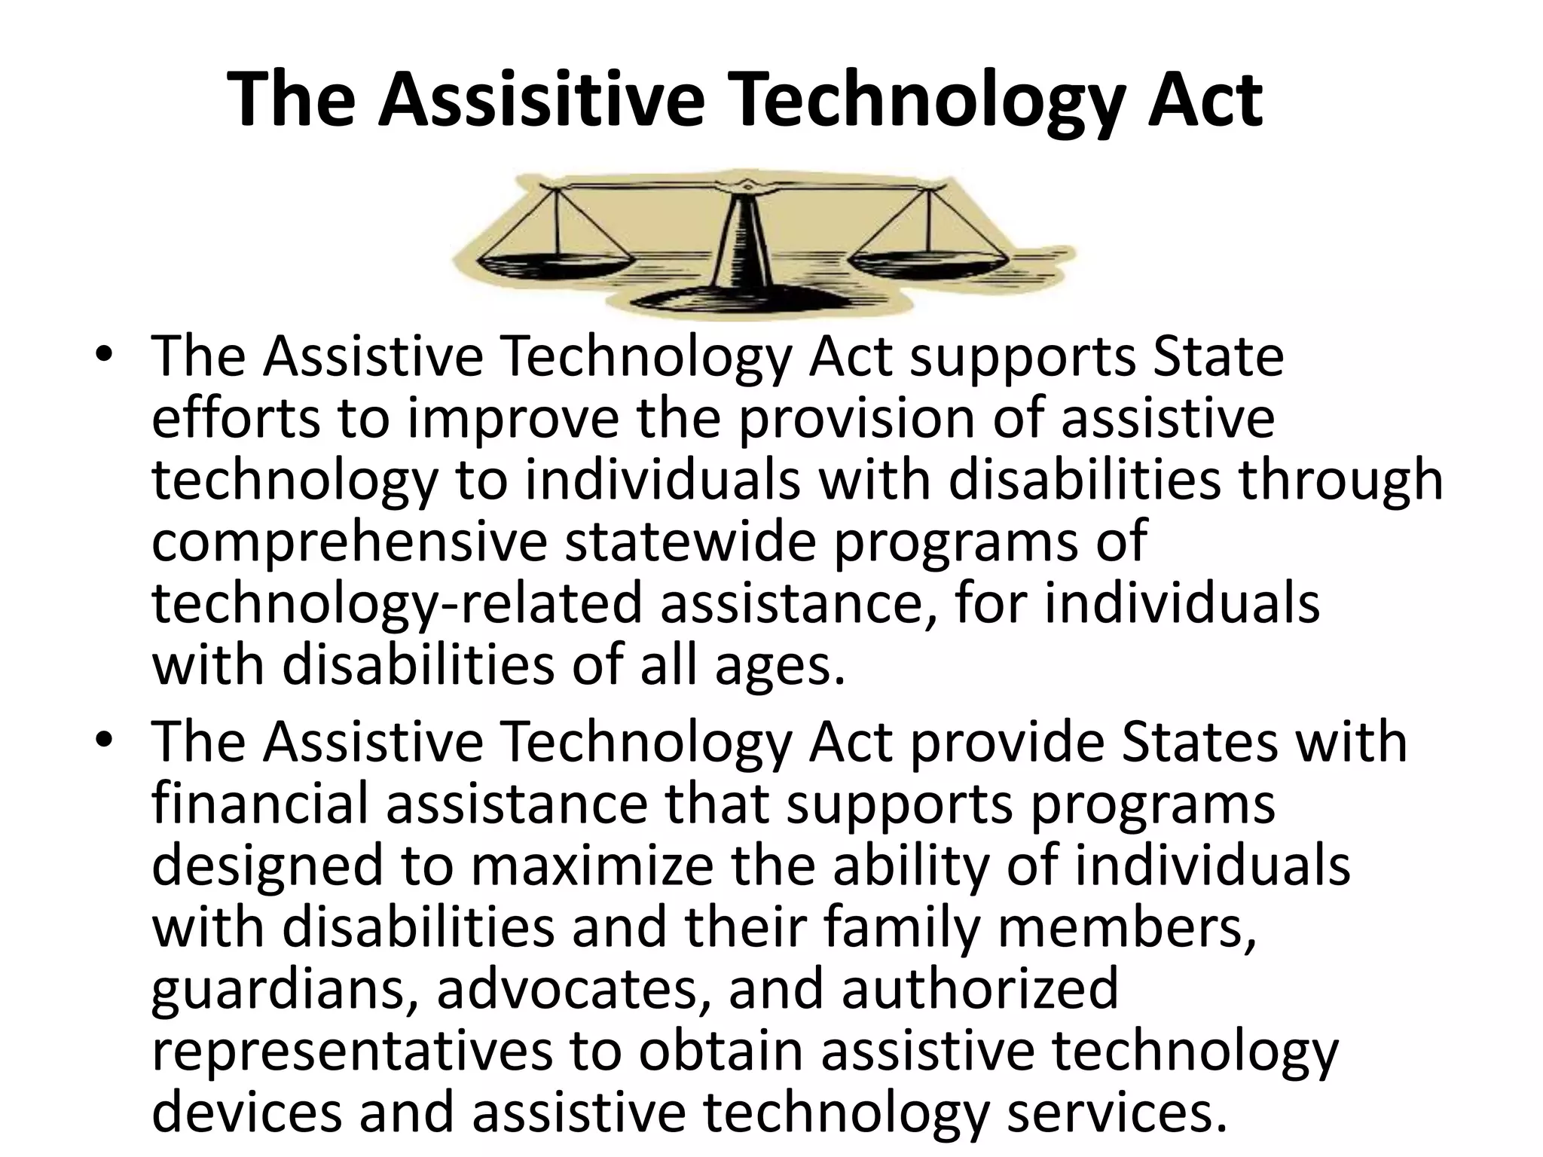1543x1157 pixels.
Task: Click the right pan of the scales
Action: [928, 264]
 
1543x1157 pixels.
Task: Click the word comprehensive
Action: [349, 542]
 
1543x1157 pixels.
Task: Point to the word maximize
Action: [591, 865]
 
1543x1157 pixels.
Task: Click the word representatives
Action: [351, 1052]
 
